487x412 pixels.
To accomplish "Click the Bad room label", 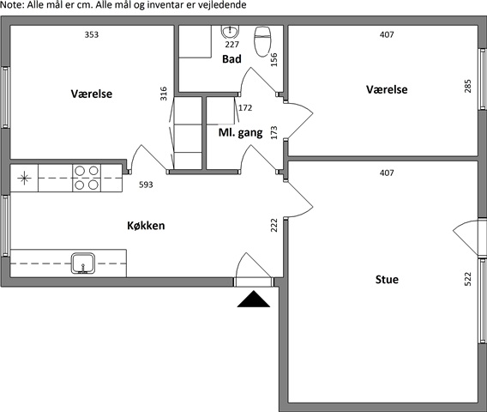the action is (231, 58).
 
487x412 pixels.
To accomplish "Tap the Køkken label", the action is (146, 226).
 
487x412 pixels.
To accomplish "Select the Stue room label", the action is (387, 279).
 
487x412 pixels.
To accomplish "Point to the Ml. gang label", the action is (240, 133).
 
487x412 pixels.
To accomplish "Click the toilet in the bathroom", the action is (262, 41).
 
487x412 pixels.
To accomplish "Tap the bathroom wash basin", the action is (230, 32).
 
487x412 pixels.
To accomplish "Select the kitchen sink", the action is (83, 264).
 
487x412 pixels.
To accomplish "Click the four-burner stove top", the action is (87, 178).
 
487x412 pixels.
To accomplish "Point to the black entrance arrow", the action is (254, 299).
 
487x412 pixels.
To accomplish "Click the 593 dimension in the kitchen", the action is (146, 185).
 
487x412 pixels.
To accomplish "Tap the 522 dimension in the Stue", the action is (467, 279).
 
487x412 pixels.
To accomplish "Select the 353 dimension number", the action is (92, 34).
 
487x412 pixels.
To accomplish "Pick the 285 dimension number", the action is (467, 86).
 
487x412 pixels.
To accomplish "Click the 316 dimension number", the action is (164, 94).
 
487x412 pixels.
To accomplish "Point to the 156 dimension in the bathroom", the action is (274, 59).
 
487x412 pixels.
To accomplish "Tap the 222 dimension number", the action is (274, 225).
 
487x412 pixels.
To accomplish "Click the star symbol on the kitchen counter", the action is (24, 179).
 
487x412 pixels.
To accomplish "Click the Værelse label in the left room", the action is (91, 94).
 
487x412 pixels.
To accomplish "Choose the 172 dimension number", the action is (245, 107).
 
